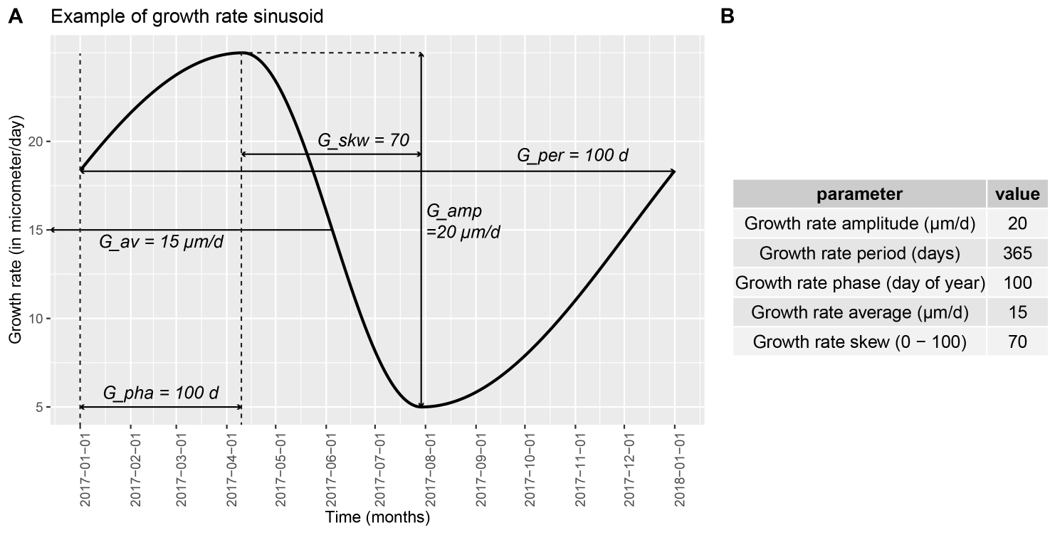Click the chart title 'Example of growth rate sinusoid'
tap(187, 17)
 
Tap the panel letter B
tap(728, 17)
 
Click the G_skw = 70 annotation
tap(363, 141)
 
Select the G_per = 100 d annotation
tap(572, 155)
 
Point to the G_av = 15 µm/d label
tap(161, 243)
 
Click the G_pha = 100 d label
tap(161, 393)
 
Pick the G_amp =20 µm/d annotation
tap(463, 221)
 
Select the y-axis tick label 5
tap(41, 407)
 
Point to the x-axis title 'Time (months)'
tap(377, 517)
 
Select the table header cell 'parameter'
tap(859, 194)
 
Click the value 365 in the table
tap(1017, 253)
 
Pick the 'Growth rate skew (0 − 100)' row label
tap(859, 342)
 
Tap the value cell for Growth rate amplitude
tap(1017, 223)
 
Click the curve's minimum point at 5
tap(422, 407)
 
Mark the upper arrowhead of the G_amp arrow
tap(422, 55)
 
